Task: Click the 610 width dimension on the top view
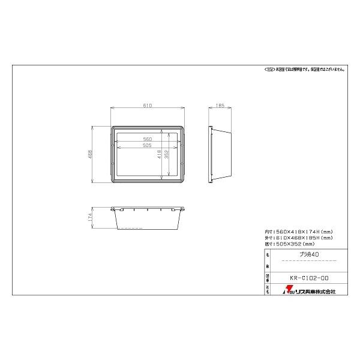click(148, 106)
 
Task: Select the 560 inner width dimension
click(148, 139)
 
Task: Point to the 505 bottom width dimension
click(148, 145)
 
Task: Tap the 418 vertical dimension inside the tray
click(160, 154)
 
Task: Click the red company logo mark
click(287, 291)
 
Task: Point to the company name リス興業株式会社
click(314, 291)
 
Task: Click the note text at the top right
click(304, 70)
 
